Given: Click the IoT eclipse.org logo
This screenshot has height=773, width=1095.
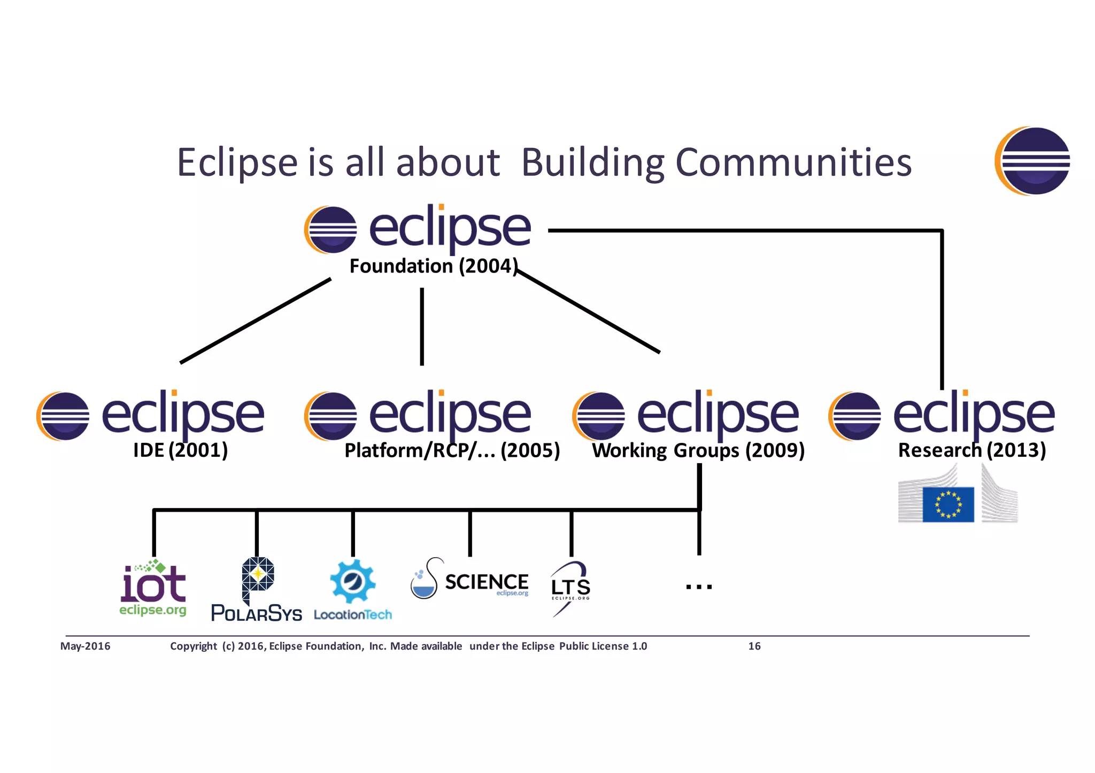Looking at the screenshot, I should pos(153,588).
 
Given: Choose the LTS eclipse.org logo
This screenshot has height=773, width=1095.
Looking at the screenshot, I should pos(570,588).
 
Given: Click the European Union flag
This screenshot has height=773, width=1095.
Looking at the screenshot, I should pos(948,504).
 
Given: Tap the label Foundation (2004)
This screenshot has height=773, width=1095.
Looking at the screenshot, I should pos(433,266).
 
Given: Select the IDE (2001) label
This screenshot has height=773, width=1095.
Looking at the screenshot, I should pos(180,450).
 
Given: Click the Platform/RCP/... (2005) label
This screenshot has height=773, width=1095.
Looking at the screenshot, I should pos(452,450).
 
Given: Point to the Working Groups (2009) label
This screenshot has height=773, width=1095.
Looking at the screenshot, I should pos(698,450).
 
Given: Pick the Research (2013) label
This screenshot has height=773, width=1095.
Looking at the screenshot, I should pos(971,450).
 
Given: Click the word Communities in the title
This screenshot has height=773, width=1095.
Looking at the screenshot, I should pos(793,162).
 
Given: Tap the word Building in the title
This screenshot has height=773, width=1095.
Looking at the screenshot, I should pos(593,162).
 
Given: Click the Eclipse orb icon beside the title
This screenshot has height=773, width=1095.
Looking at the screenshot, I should pos(1032,161).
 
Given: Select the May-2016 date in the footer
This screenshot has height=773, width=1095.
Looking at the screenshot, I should pos(86,646).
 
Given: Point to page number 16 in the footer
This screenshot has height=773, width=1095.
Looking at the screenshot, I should pos(754,646).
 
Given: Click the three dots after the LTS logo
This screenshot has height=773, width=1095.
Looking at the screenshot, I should pos(699,587).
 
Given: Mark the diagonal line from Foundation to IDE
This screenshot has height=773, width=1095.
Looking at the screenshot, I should pos(255,321).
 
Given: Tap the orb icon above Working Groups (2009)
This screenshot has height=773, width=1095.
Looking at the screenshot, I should pos(599,416).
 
